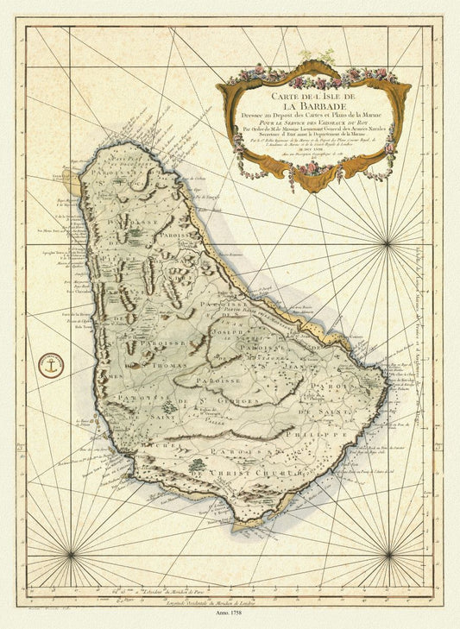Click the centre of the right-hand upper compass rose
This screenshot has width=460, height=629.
[386, 244]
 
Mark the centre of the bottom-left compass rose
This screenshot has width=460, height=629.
[72, 553]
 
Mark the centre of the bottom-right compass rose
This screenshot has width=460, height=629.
[388, 553]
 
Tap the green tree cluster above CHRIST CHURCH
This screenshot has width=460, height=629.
[198, 464]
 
